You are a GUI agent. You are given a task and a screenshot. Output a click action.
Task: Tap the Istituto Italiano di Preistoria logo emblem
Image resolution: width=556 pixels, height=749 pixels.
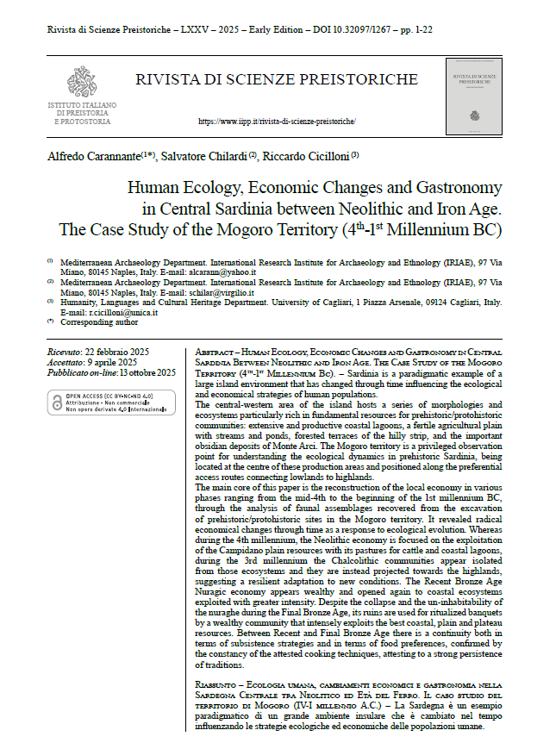pyautogui.click(x=82, y=84)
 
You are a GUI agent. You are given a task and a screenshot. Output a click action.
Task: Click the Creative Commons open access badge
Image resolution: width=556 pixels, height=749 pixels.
pyautogui.click(x=108, y=402)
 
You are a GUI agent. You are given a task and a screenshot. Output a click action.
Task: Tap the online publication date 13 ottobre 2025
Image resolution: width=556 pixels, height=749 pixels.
pyautogui.click(x=136, y=372)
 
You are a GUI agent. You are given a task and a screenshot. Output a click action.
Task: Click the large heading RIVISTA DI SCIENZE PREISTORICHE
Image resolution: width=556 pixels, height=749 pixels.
pyautogui.click(x=276, y=80)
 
